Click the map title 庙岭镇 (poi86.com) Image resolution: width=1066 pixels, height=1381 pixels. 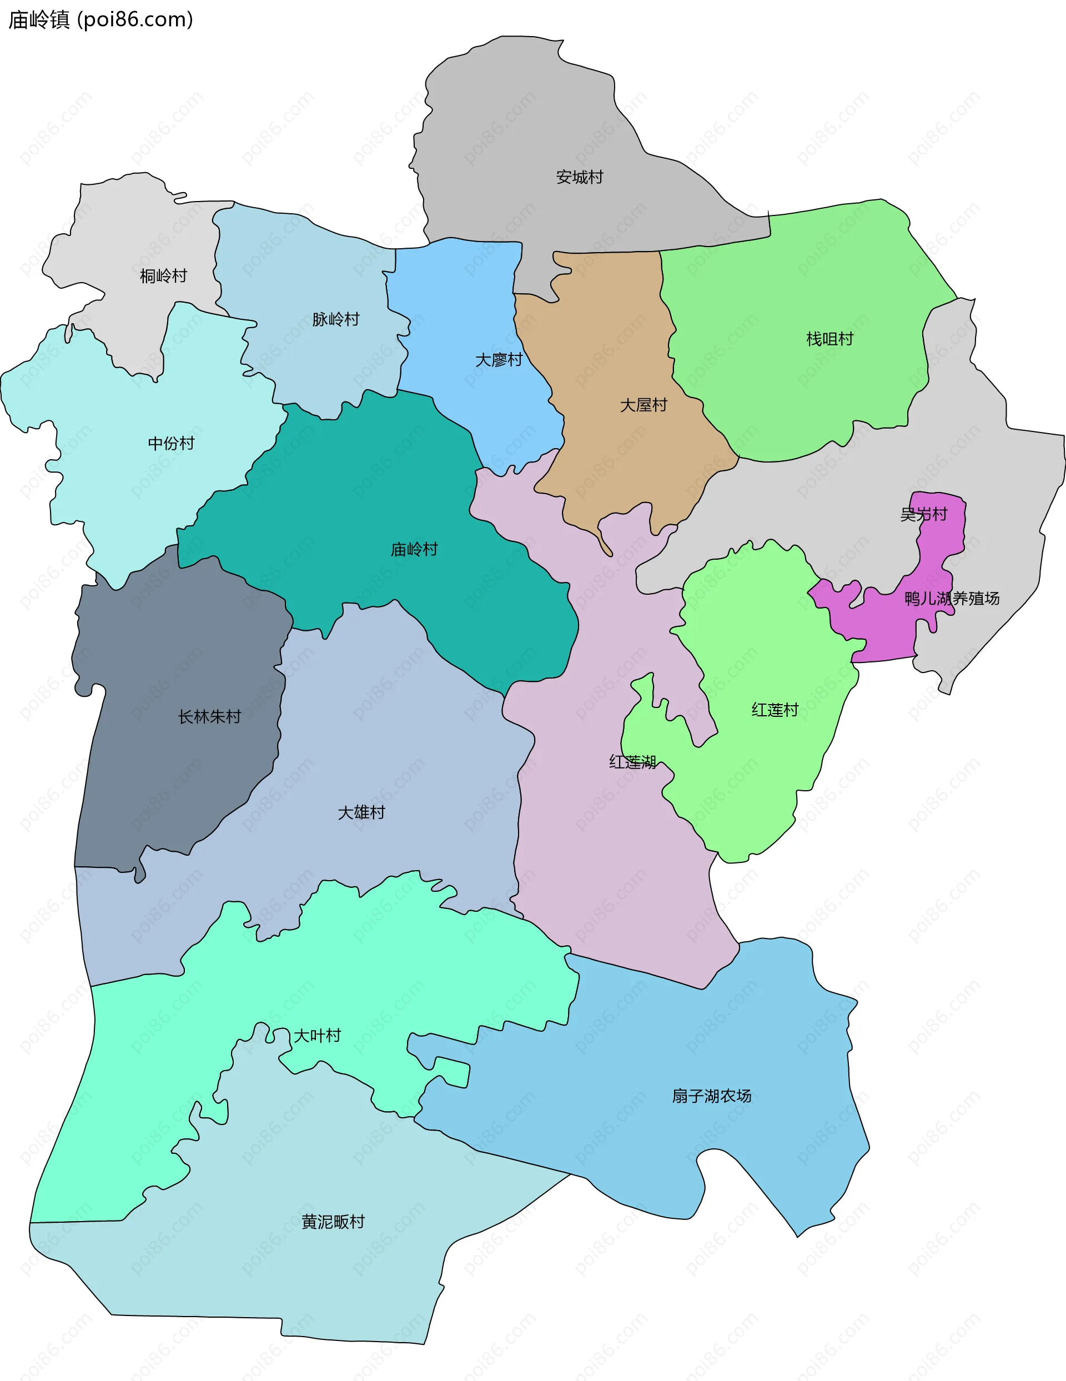[100, 20]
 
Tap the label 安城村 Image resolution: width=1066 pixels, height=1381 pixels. [579, 177]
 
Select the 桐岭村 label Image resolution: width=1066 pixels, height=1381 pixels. [163, 275]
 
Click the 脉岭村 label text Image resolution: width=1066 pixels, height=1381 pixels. [336, 319]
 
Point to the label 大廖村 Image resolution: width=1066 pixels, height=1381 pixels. [499, 360]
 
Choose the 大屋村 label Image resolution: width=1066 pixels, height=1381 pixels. [643, 405]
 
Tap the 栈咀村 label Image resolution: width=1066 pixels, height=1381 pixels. [829, 339]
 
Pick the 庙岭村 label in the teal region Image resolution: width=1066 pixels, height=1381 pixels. [414, 550]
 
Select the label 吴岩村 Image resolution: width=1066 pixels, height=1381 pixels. [924, 514]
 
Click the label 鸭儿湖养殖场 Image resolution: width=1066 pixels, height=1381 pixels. [952, 598]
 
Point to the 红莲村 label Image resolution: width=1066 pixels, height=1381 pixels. [775, 710]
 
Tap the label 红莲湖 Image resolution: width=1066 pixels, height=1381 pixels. [632, 762]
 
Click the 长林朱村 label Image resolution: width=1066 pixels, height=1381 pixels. [209, 716]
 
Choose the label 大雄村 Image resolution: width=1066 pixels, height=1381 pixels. [361, 812]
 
